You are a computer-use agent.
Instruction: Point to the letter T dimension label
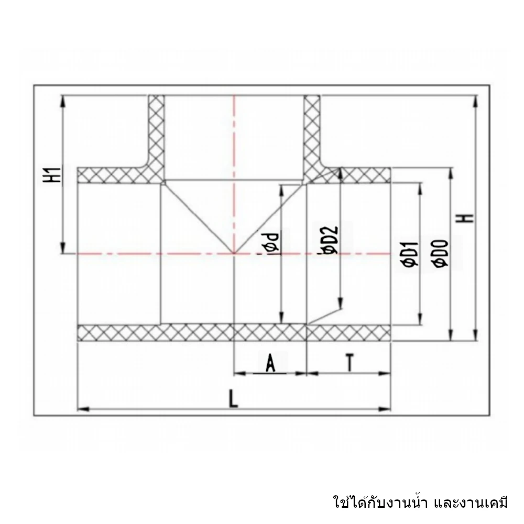[349, 363]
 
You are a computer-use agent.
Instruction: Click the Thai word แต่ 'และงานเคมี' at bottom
[471, 503]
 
